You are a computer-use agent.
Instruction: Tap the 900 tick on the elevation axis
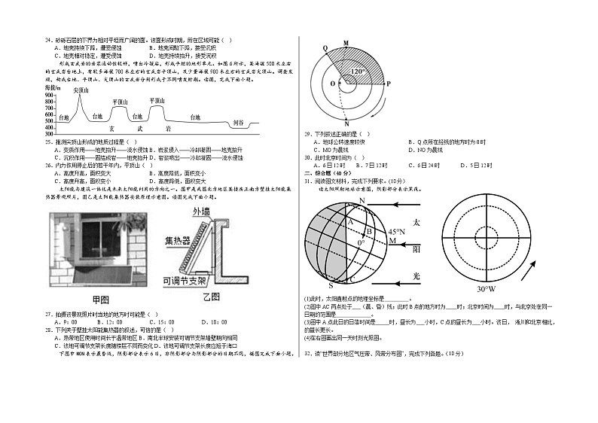click(50, 95)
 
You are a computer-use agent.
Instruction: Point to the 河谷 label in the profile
click(238, 121)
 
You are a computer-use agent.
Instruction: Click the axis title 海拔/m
click(53, 88)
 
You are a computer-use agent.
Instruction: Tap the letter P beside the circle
click(389, 84)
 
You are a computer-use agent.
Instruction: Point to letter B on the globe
click(368, 231)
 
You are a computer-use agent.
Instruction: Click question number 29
click(308, 134)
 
